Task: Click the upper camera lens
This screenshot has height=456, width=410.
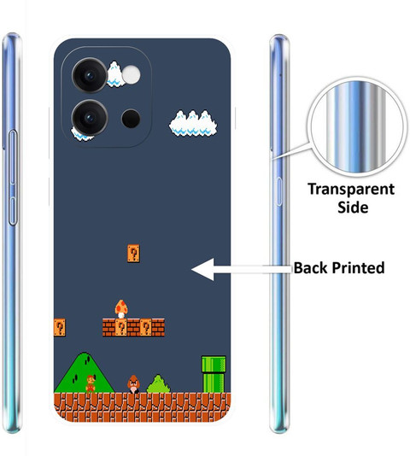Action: pyautogui.click(x=90, y=75)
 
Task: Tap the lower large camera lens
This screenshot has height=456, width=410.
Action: pyautogui.click(x=90, y=118)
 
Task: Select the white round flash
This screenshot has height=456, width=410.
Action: pyautogui.click(x=131, y=75)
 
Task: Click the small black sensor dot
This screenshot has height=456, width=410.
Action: pyautogui.click(x=131, y=119)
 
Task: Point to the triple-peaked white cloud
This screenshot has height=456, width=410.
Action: pyautogui.click(x=193, y=123)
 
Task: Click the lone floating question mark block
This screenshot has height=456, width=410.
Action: pyautogui.click(x=133, y=254)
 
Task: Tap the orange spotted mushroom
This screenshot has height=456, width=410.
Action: pyautogui.click(x=121, y=309)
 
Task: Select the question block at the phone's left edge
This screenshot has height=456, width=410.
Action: pyautogui.click(x=59, y=327)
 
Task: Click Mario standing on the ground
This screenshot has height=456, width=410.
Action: pyautogui.click(x=91, y=383)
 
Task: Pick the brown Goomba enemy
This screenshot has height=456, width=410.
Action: pyautogui.click(x=133, y=384)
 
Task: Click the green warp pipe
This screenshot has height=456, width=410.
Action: pyautogui.click(x=214, y=374)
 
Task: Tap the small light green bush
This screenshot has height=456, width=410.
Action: pyautogui.click(x=159, y=384)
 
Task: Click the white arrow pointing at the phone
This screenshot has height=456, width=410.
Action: pyautogui.click(x=242, y=269)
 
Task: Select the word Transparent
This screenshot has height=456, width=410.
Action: pyautogui.click(x=351, y=190)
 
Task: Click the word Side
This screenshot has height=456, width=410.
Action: pyautogui.click(x=353, y=207)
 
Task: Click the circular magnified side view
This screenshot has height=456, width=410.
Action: pyautogui.click(x=357, y=126)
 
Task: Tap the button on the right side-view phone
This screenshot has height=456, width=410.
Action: pyautogui.click(x=278, y=191)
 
